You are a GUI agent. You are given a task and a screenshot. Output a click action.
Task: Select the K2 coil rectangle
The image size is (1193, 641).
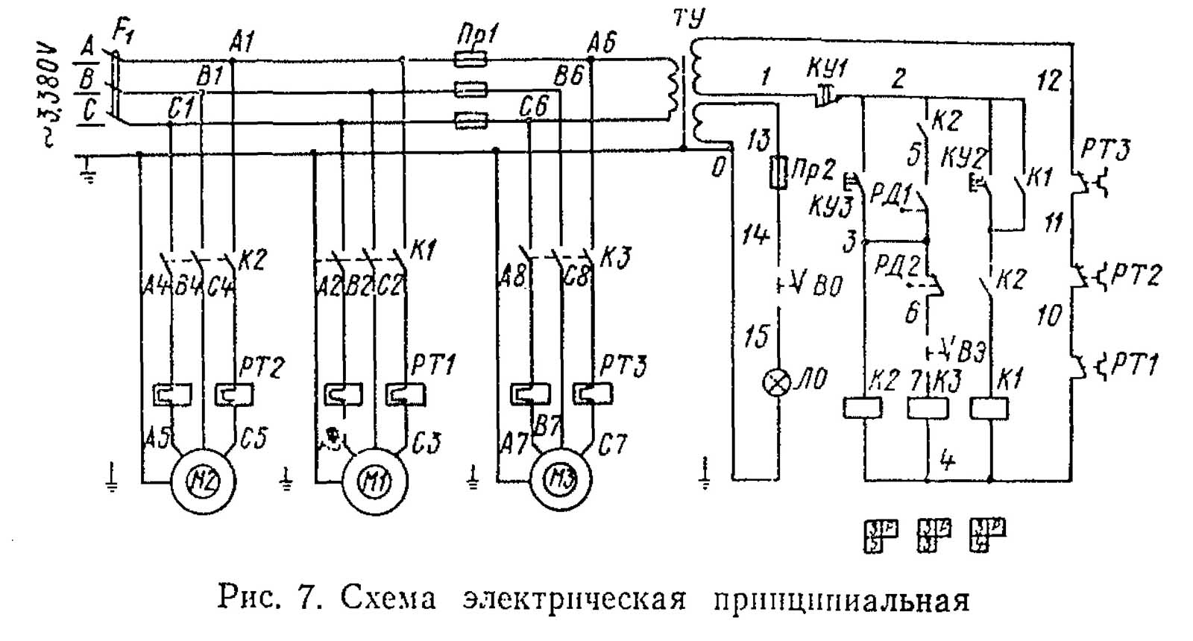[863, 408]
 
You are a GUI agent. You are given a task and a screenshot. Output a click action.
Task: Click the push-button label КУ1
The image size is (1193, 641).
[826, 69]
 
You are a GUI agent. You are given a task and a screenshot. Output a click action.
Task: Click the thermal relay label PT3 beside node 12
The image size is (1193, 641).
[1106, 151]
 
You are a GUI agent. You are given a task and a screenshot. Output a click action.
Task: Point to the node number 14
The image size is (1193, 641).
[755, 236]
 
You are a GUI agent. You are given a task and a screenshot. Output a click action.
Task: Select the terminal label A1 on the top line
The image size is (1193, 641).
[242, 42]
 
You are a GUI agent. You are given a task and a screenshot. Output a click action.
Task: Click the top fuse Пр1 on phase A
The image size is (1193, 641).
[471, 58]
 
